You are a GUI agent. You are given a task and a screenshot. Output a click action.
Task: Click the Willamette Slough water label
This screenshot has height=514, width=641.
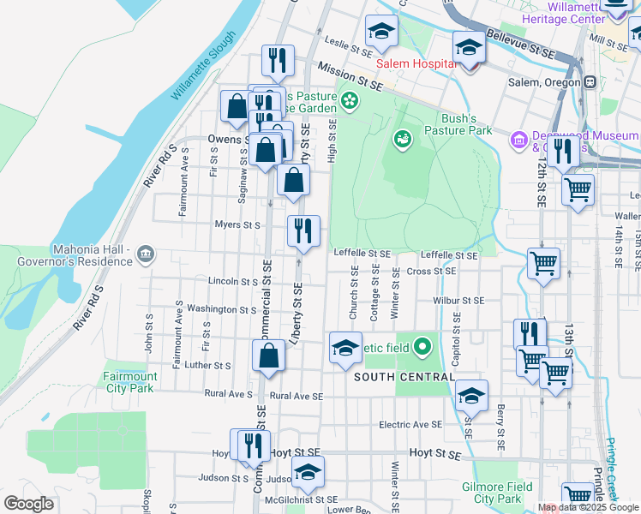202,67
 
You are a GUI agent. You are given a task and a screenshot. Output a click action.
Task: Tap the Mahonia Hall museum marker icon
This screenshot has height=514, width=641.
145,254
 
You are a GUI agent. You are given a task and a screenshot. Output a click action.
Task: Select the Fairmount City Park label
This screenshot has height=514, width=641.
130,382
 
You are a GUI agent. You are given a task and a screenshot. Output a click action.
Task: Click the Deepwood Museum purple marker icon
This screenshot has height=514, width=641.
518,139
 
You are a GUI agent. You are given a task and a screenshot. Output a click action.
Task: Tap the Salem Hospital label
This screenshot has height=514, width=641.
416,64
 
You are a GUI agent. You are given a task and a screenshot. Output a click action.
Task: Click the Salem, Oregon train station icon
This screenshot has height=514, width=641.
590,82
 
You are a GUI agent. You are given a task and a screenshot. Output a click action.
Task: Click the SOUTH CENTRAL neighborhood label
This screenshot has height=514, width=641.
403,377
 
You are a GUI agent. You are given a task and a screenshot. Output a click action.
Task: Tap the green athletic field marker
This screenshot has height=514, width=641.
422,347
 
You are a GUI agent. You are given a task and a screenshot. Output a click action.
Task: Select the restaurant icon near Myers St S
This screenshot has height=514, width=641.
303,230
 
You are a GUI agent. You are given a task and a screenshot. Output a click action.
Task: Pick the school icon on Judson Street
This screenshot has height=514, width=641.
308,472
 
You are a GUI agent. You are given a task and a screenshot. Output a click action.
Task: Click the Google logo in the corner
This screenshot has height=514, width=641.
28,504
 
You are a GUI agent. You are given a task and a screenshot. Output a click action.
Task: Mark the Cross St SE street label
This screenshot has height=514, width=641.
432,271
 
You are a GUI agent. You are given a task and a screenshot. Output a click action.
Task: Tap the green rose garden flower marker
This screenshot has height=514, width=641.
349,102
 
